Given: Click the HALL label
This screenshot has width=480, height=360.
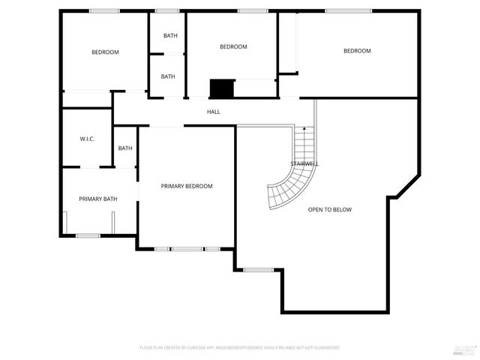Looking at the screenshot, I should point(214,112).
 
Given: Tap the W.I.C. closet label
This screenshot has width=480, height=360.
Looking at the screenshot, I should point(86,139).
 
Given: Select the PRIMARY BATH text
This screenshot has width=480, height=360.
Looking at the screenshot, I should point(98,199).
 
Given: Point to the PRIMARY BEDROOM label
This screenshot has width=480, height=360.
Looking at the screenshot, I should point(187,186).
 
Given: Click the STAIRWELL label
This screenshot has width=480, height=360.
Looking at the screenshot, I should point(305,163).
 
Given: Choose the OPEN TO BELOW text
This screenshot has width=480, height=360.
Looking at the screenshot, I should point(329,209).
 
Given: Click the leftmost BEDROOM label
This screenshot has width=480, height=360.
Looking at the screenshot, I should point(105,52).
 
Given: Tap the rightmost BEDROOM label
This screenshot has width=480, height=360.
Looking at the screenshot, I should point(357,51).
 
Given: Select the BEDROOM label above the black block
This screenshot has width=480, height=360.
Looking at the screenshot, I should point(232,46).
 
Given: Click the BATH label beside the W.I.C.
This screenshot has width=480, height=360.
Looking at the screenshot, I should point(125,148).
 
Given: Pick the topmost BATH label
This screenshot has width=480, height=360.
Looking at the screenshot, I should point(170,35).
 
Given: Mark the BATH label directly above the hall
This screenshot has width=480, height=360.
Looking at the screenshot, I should point(168,76).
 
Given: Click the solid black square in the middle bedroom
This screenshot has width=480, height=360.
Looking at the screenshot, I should point(222,88).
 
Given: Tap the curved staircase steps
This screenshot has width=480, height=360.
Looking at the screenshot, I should point(289,184).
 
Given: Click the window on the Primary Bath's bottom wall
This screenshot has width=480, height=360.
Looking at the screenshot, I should point(88,235).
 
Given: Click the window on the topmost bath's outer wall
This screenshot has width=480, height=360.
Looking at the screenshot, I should point(167,10).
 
